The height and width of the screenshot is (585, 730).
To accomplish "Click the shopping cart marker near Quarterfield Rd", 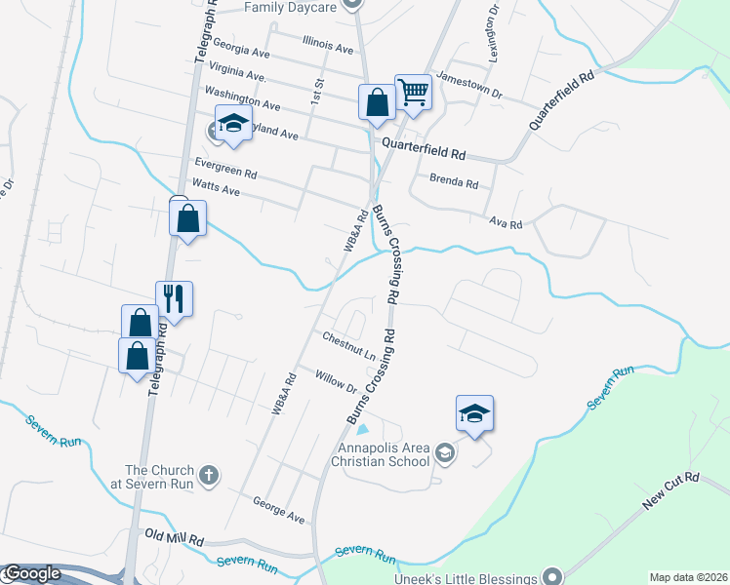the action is pos(413,92).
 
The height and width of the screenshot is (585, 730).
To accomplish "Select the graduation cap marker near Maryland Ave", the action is pos(232,124).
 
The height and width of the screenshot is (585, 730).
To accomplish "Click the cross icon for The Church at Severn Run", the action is pos(207,476).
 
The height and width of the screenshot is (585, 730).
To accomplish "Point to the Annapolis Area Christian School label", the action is pos(382,454).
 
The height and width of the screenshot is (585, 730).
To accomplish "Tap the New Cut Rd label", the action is pos(671,492).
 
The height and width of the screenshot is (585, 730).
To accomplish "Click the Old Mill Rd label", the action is pos(174,537).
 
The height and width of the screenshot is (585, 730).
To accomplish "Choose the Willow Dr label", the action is pos(336,381).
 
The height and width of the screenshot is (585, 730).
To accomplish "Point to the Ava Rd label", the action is pos(507,223).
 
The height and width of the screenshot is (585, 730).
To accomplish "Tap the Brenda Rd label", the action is pos(454,182).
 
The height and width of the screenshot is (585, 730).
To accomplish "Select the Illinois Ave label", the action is pos(328,46).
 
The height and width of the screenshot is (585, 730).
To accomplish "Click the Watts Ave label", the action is pos(216,191).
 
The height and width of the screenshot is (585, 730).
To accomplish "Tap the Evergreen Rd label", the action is pos(225,168).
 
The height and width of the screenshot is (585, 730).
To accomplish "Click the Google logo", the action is pos(31,573).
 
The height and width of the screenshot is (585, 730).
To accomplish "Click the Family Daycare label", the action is pos(291,7).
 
